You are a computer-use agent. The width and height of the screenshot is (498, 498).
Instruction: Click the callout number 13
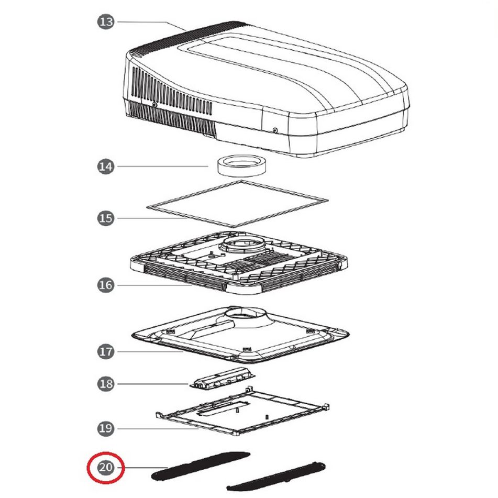click(105, 22)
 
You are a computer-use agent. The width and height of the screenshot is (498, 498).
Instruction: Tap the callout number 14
click(105, 167)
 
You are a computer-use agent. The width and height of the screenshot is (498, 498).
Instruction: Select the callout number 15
click(105, 218)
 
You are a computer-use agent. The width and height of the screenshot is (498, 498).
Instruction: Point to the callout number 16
click(105, 285)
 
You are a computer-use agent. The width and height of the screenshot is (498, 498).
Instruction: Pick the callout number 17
click(105, 351)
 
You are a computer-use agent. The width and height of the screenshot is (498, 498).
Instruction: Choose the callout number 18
click(105, 384)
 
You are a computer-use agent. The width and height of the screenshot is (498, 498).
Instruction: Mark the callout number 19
click(105, 428)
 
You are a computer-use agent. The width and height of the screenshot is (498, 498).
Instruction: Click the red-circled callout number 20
click(105, 468)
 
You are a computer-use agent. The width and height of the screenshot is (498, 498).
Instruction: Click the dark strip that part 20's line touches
click(201, 466)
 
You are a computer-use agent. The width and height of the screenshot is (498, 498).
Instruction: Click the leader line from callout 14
click(163, 166)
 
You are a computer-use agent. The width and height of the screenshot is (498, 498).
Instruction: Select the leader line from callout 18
click(153, 384)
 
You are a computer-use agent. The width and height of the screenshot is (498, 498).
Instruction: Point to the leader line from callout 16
click(154, 285)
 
